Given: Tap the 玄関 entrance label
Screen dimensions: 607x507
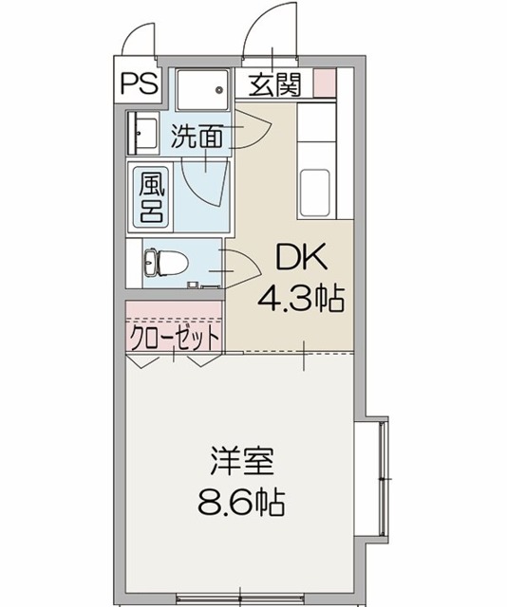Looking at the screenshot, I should [x=275, y=85].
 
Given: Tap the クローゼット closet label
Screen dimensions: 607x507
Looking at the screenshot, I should [x=174, y=337].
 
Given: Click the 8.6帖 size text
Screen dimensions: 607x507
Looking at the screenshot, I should [x=243, y=500].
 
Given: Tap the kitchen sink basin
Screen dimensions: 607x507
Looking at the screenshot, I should [x=315, y=185].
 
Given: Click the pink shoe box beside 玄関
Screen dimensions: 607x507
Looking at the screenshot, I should [x=326, y=84].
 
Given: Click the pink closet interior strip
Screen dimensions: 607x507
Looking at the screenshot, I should [x=174, y=313].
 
